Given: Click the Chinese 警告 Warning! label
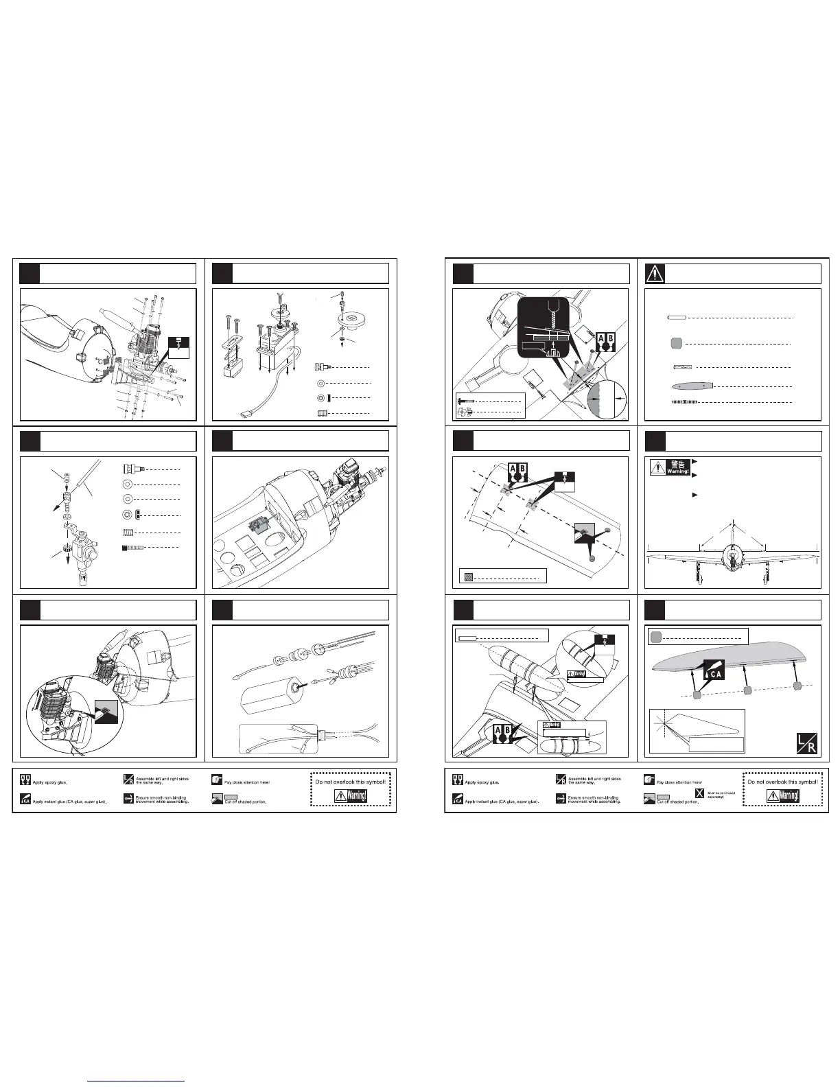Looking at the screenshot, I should click(669, 468).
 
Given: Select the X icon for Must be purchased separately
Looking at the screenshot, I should click(699, 794).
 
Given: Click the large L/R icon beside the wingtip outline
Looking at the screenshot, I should click(806, 743).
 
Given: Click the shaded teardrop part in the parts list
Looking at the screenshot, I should click(690, 385).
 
